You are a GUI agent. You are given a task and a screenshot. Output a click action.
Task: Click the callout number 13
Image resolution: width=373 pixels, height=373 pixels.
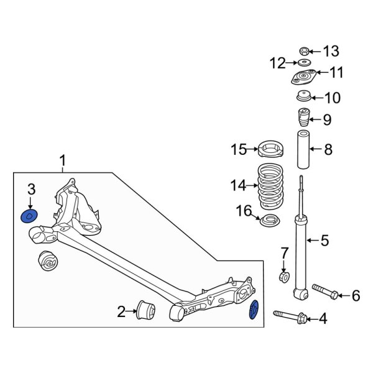pyautogui.click(x=332, y=50)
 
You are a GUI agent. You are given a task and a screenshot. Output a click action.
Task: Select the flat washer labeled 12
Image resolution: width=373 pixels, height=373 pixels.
pyautogui.click(x=304, y=63)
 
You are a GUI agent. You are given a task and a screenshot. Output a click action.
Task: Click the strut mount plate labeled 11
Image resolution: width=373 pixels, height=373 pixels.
pyautogui.click(x=303, y=78)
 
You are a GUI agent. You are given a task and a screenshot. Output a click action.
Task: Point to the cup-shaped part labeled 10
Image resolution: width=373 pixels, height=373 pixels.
pyautogui.click(x=303, y=98)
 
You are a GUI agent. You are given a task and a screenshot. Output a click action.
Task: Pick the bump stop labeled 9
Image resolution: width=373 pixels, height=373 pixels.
pyautogui.click(x=303, y=118)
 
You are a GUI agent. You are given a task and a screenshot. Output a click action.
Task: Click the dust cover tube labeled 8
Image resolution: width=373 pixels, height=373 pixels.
pyautogui.click(x=303, y=149)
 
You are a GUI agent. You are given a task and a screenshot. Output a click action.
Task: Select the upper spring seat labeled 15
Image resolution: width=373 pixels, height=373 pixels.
pyautogui.click(x=271, y=150)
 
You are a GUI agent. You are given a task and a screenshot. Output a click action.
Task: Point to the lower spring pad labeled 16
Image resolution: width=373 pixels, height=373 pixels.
pyautogui.click(x=270, y=220)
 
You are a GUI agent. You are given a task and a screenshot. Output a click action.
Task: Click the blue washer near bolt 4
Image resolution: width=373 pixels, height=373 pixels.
pyautogui.click(x=254, y=310)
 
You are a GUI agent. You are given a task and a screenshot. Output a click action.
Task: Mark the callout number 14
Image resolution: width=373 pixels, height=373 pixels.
pyautogui.click(x=238, y=185)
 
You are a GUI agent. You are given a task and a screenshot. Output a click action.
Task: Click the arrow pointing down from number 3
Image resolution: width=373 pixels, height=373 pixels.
pyautogui.click(x=30, y=203)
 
